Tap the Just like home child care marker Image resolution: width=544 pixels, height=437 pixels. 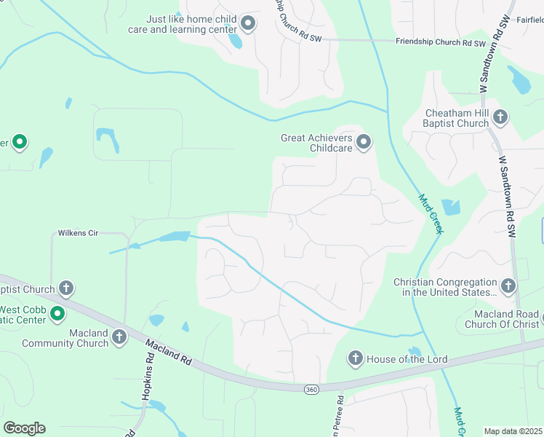tap(248, 24)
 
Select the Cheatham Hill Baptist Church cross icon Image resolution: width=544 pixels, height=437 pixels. tap(500, 117)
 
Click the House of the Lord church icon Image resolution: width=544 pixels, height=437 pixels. tap(355, 358)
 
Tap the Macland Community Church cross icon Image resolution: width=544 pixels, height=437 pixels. tap(119, 337)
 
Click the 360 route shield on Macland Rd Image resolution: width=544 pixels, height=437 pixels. tap(311, 390)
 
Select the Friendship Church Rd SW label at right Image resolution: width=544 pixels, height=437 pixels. tap(440, 42)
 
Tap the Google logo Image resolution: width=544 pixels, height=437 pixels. tap(24, 428)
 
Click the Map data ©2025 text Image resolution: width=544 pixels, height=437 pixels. tap(513, 431)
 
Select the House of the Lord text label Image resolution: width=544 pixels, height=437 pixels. tap(407, 360)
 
